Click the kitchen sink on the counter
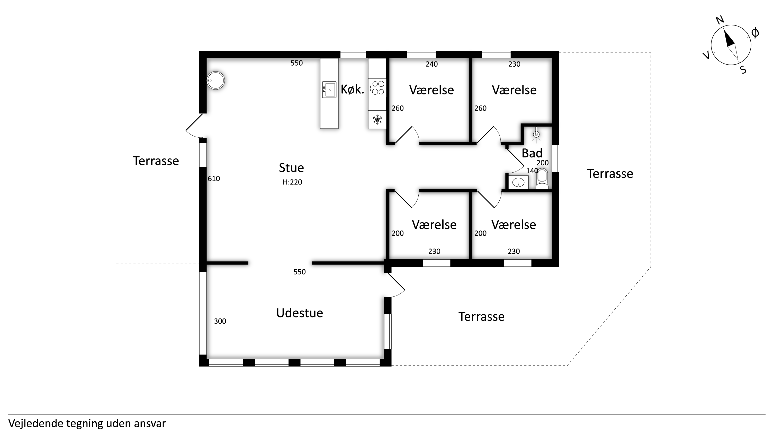(329, 90)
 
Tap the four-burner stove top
(377, 88)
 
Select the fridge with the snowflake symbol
(377, 120)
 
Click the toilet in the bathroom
(542, 179)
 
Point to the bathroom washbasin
(518, 182)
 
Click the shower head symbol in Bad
(536, 135)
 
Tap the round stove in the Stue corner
(216, 81)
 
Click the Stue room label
(291, 168)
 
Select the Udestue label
(300, 313)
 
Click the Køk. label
(352, 90)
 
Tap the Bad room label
(532, 153)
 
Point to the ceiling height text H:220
(292, 182)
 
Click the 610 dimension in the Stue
(214, 179)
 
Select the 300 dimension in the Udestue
(220, 321)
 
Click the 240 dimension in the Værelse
(432, 64)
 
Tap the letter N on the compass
(720, 20)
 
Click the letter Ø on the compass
(755, 33)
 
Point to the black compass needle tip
(724, 31)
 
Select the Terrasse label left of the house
(156, 161)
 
